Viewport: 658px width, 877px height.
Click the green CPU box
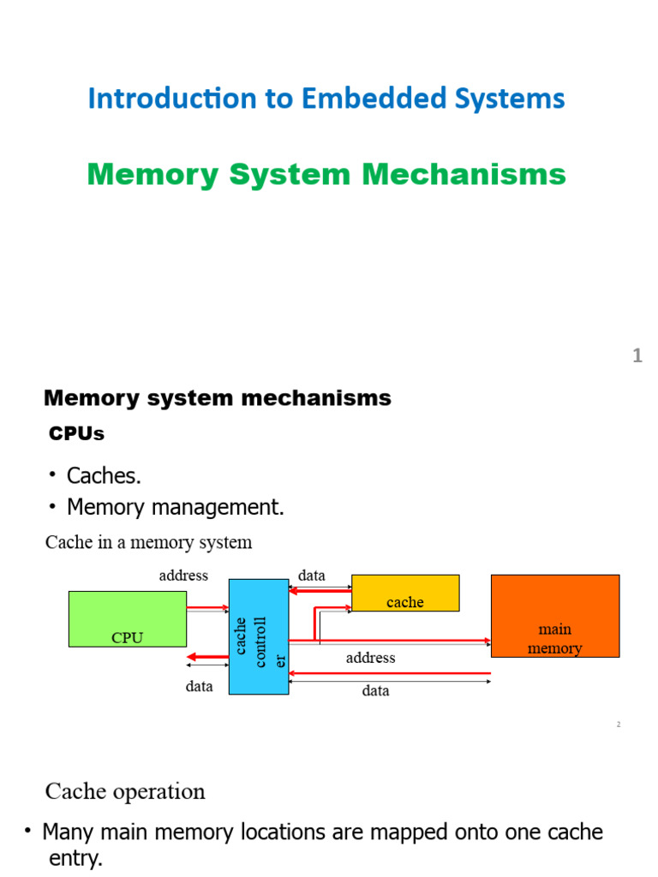pyautogui.click(x=127, y=618)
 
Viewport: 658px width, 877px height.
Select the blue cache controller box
pyautogui.click(x=259, y=635)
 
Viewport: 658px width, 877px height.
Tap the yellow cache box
pyautogui.click(x=405, y=593)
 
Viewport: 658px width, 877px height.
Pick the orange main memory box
pyautogui.click(x=554, y=615)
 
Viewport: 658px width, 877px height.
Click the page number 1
pyautogui.click(x=637, y=356)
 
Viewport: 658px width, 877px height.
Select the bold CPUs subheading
pyautogui.click(x=76, y=434)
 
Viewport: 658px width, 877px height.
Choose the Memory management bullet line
pyautogui.click(x=175, y=508)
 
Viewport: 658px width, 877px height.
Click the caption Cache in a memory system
pyautogui.click(x=148, y=542)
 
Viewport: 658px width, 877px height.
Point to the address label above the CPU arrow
pyautogui.click(x=183, y=576)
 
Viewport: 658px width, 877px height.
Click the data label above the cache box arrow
pyautogui.click(x=312, y=576)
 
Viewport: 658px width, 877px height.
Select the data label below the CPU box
pyautogui.click(x=200, y=686)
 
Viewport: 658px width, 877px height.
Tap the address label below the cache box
pyautogui.click(x=370, y=658)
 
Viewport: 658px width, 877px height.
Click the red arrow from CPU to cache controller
pyautogui.click(x=207, y=608)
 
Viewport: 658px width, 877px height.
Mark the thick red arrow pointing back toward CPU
pyautogui.click(x=206, y=657)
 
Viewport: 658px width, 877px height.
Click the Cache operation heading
pyautogui.click(x=125, y=791)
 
